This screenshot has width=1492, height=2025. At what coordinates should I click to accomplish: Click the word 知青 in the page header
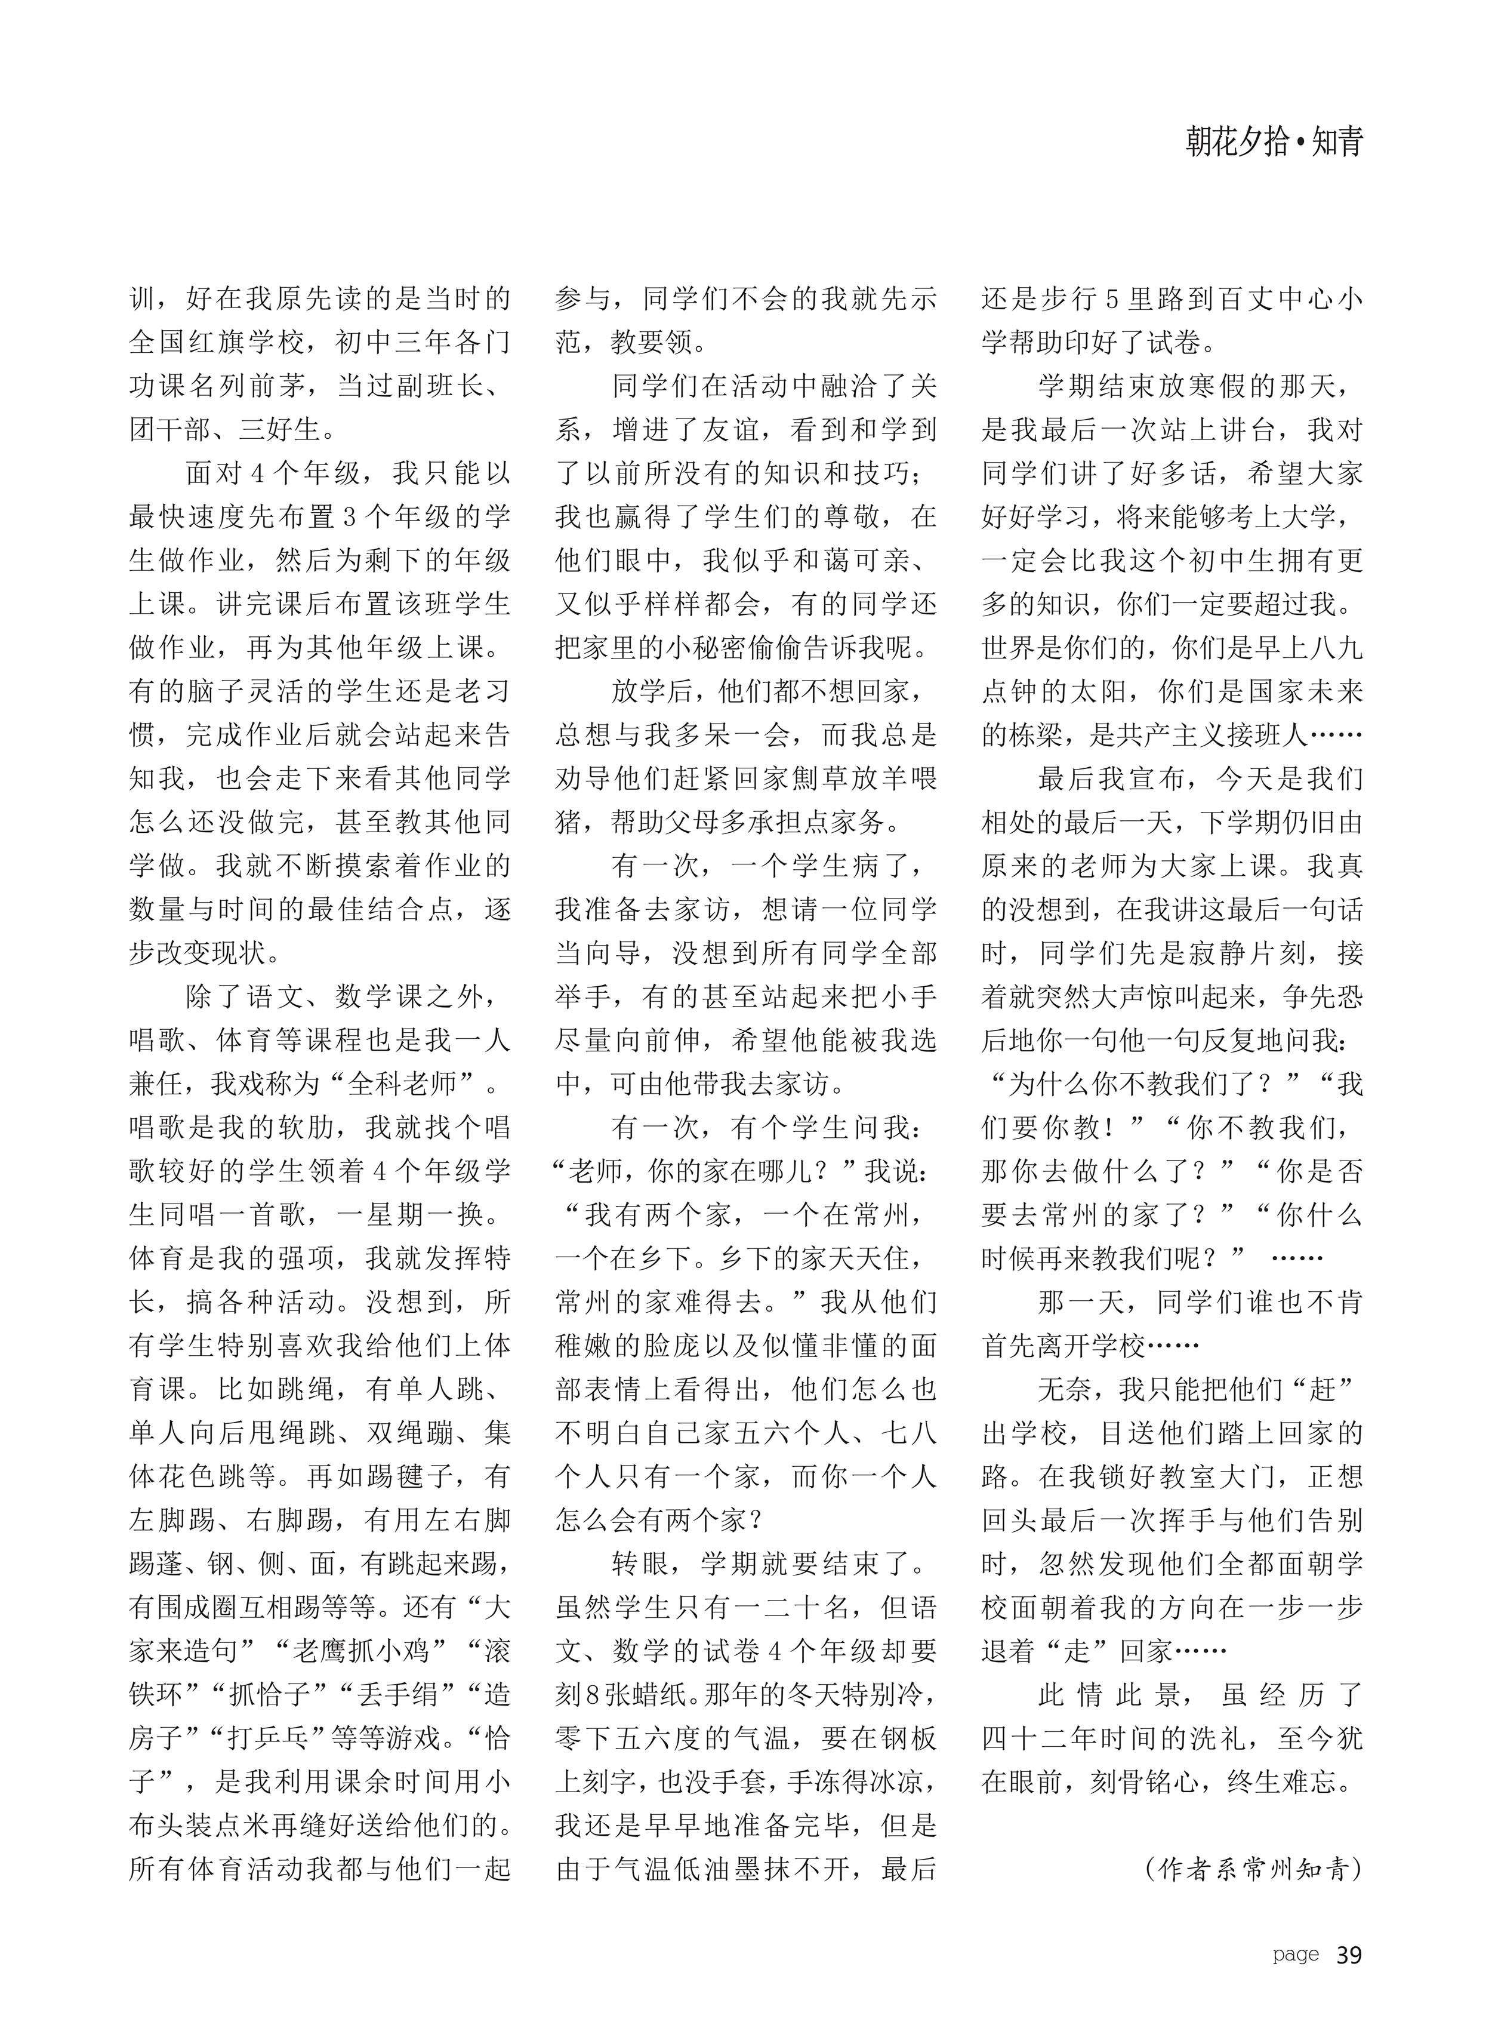(1337, 142)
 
